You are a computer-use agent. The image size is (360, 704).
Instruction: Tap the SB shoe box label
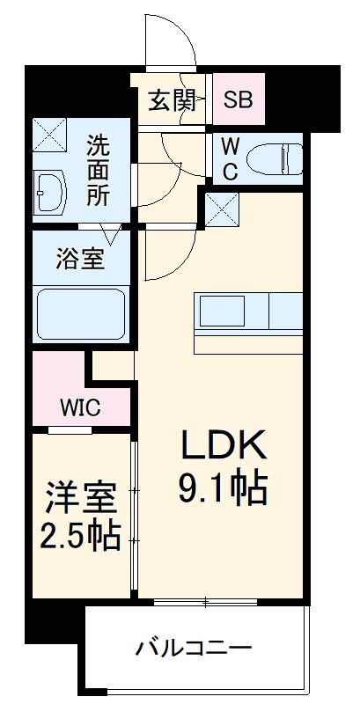point(237,99)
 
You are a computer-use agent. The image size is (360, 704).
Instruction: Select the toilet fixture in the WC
point(273,159)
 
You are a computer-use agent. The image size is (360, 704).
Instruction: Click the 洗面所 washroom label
point(98,169)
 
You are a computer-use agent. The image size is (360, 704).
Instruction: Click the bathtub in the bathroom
point(80,313)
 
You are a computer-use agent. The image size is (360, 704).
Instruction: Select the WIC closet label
point(80,407)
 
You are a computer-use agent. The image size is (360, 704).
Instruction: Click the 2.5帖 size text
point(80,536)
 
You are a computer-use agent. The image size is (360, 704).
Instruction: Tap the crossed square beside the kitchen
point(218,209)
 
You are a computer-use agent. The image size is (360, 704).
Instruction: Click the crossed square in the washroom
point(50,133)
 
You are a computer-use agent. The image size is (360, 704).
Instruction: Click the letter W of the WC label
point(229,145)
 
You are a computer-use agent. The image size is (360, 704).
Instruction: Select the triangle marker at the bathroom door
point(112,235)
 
